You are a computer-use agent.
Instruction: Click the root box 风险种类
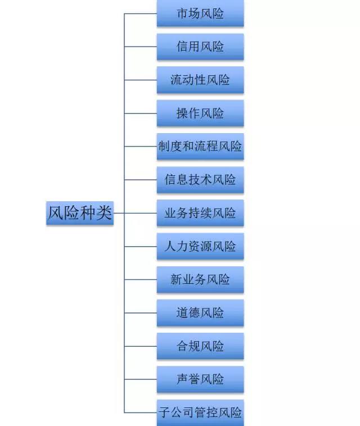point(80,213)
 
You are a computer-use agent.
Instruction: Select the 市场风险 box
point(200,13)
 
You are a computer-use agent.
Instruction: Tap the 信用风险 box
point(200,47)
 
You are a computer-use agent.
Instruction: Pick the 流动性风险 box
point(200,80)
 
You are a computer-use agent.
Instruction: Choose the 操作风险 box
point(200,113)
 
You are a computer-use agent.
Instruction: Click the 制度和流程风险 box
point(200,147)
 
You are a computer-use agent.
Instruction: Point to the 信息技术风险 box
point(200,180)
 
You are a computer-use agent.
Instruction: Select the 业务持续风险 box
point(200,213)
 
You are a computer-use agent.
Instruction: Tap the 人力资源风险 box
point(200,246)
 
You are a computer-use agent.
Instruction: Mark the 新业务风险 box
point(200,279)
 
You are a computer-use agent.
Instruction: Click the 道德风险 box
point(200,313)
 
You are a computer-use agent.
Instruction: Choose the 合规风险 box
point(200,346)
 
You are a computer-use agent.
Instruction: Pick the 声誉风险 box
point(200,379)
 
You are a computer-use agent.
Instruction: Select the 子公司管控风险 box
point(200,413)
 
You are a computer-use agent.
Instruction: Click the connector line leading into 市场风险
point(141,13)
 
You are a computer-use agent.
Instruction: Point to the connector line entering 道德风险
point(141,313)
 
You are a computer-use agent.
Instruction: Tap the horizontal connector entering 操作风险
point(141,114)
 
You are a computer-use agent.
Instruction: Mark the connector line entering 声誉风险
point(141,379)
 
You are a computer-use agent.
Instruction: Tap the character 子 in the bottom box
point(165,413)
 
